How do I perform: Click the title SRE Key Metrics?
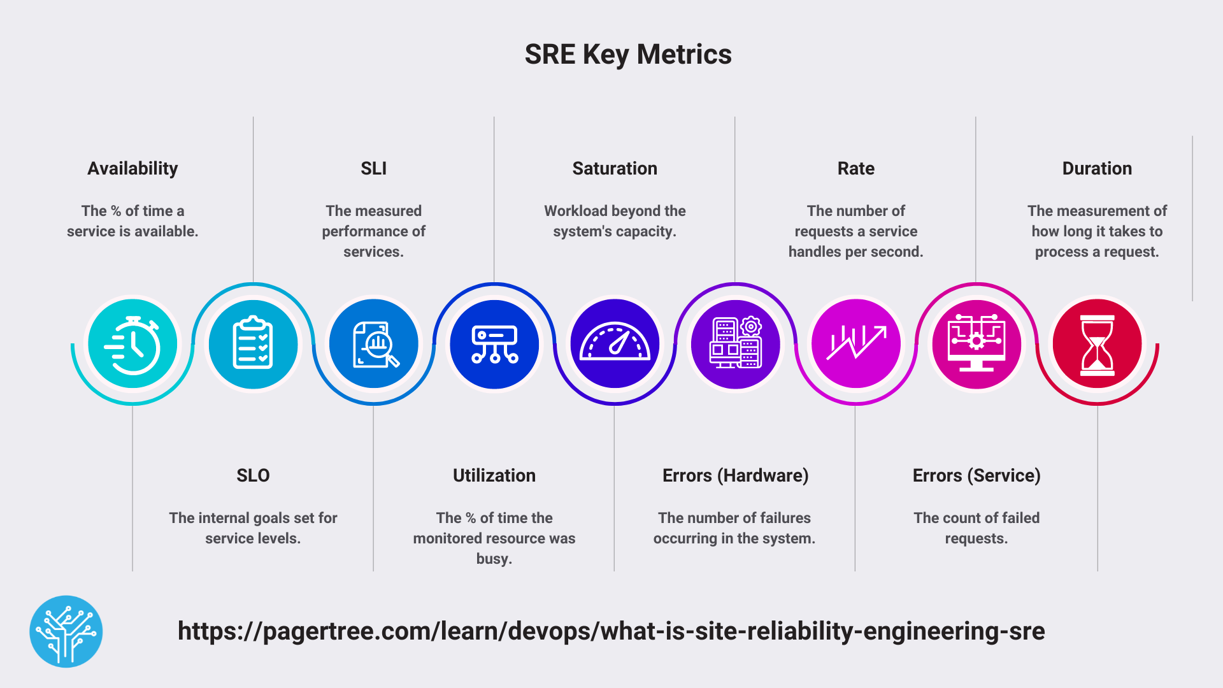click(628, 55)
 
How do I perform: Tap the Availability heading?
click(132, 169)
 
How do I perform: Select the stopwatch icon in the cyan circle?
click(132, 344)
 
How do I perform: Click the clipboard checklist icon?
click(253, 344)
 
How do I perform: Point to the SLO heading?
click(253, 476)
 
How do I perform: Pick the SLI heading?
click(373, 169)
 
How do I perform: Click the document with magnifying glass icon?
click(374, 344)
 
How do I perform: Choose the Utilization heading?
click(494, 476)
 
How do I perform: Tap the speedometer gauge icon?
click(615, 344)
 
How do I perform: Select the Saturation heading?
click(615, 169)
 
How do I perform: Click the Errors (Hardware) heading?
click(735, 476)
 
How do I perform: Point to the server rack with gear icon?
click(735, 344)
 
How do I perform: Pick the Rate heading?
click(855, 169)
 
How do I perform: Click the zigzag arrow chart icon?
click(855, 344)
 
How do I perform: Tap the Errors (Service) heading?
click(976, 476)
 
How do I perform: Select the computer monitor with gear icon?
click(976, 344)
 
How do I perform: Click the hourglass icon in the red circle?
click(1097, 344)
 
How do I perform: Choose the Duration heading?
click(1097, 169)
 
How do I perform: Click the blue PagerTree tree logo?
click(66, 631)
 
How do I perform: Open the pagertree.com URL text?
click(611, 631)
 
